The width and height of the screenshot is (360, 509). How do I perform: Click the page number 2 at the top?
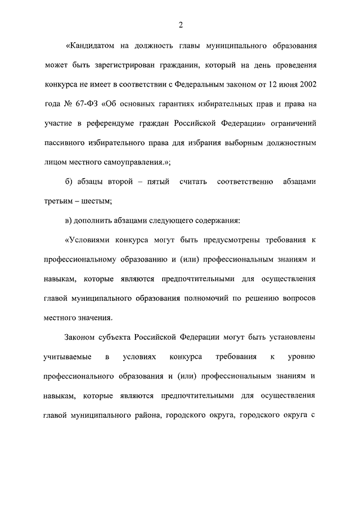pyautogui.click(x=181, y=25)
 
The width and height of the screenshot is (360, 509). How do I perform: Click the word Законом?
pyautogui.click(x=80, y=337)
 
